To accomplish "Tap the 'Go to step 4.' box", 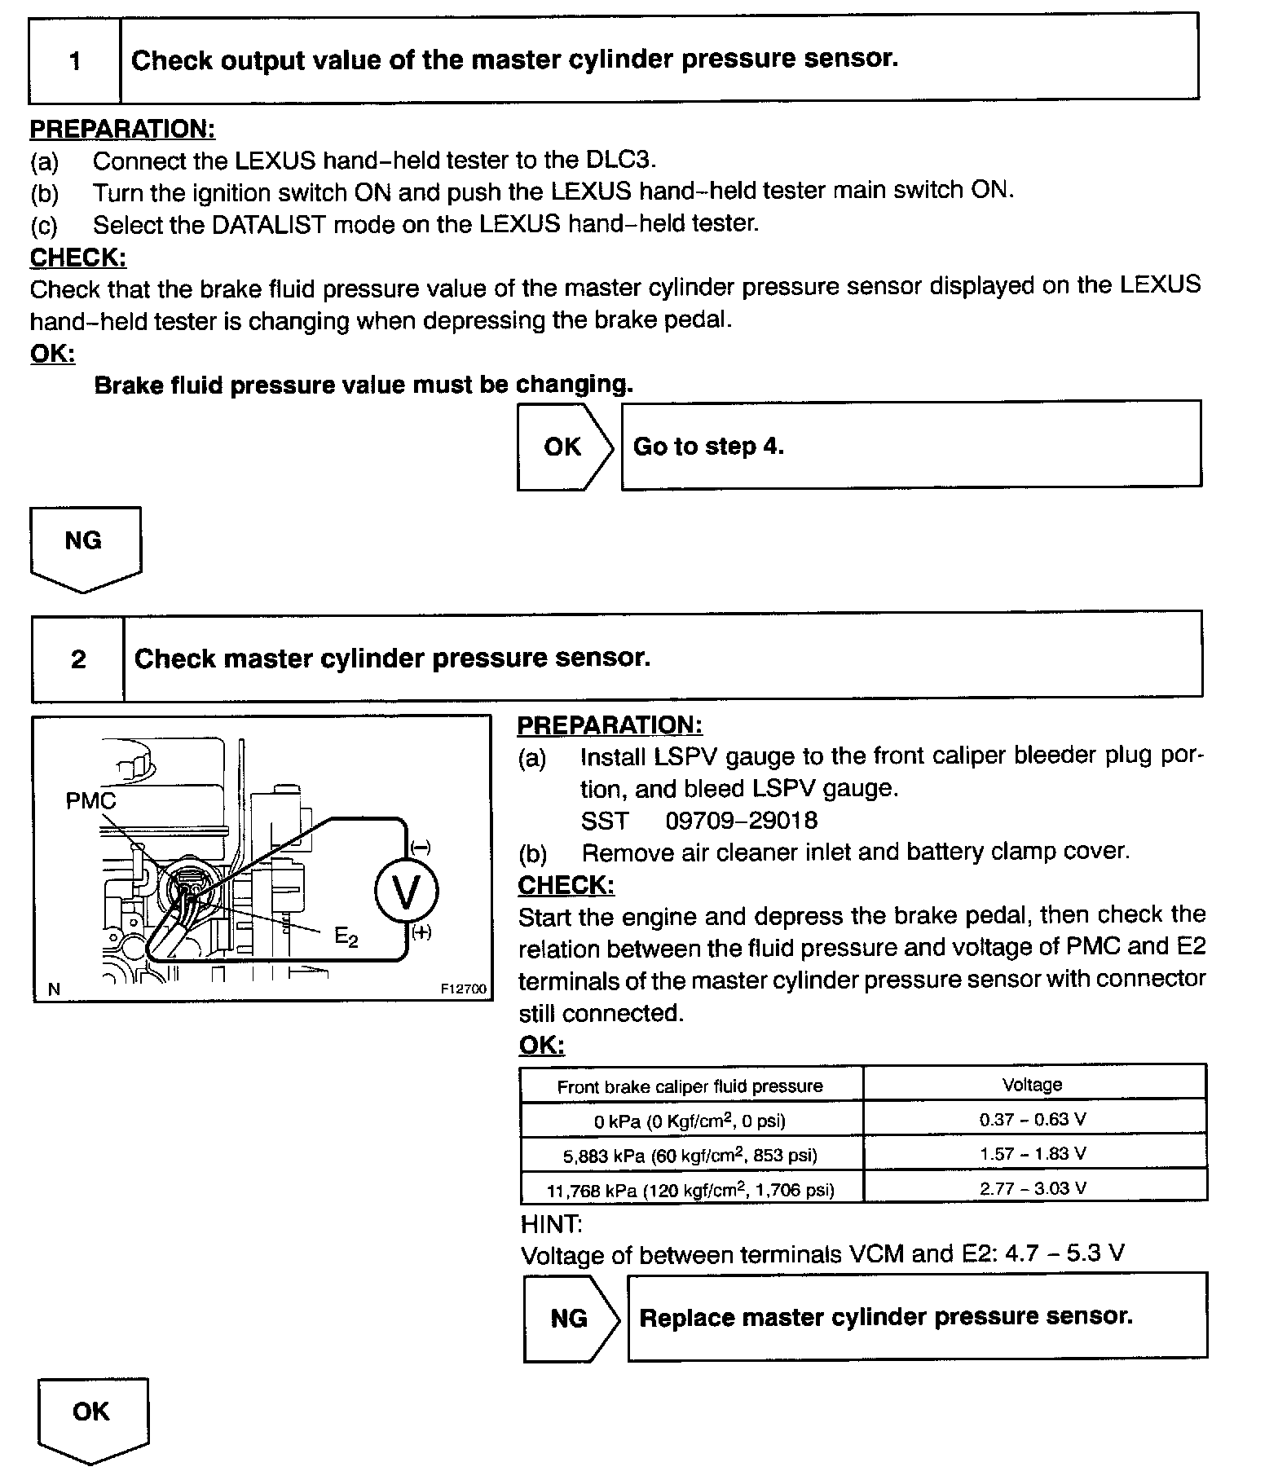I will click(x=910, y=446).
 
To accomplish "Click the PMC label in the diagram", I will click(x=90, y=801).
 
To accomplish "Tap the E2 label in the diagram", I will click(x=346, y=938).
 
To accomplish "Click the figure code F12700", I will click(x=463, y=989).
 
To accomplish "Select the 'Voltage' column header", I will click(x=1032, y=1085).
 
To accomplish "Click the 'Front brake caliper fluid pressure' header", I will click(x=690, y=1086).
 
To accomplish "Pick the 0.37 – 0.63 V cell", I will click(x=1033, y=1120).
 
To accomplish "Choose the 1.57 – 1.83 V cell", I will click(x=1033, y=1154).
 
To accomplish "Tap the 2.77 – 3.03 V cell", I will click(x=1033, y=1188).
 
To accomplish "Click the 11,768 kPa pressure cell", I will click(x=690, y=1190).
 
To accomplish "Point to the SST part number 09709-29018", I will click(x=741, y=820).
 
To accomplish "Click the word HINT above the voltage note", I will click(x=551, y=1222).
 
